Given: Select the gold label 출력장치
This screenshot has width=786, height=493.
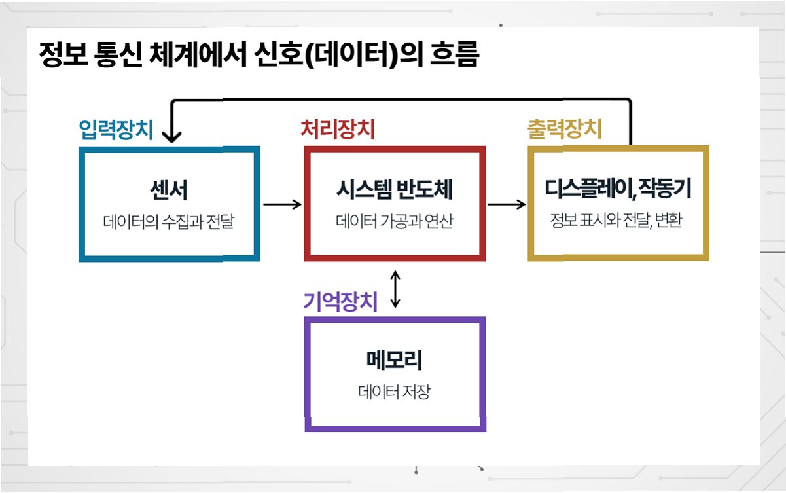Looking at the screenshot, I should (x=563, y=130).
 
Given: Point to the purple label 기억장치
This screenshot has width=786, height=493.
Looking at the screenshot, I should (x=340, y=302).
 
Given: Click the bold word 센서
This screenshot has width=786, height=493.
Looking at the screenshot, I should (x=168, y=191).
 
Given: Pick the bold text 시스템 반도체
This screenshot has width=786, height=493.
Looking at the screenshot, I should (x=394, y=191).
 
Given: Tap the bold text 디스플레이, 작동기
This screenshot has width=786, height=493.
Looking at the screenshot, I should (x=618, y=191).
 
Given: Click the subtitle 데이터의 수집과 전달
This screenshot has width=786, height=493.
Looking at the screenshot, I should (x=168, y=221).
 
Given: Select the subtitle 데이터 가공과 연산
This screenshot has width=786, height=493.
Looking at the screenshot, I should (x=394, y=221).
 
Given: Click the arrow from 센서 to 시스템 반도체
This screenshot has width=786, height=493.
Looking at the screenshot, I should (x=282, y=204).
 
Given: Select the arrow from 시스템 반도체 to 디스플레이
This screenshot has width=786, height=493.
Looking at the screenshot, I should (x=507, y=204).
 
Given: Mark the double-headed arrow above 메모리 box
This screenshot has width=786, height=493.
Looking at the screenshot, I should (x=395, y=288).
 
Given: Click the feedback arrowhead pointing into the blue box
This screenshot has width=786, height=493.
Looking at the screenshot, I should (x=171, y=136).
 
